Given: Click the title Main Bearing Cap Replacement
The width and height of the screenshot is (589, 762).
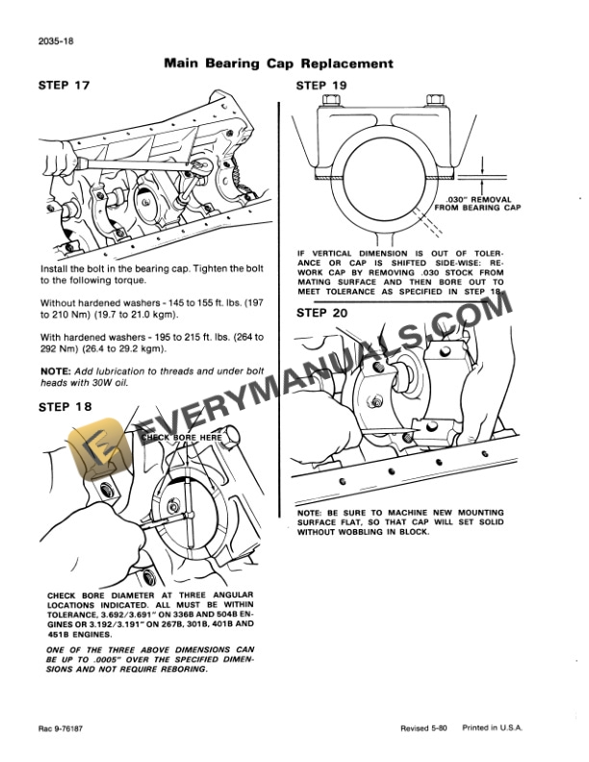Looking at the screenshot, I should (278, 63).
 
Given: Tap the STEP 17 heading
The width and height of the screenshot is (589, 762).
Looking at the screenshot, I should (64, 86).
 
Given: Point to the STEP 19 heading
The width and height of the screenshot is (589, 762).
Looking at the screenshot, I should (322, 86).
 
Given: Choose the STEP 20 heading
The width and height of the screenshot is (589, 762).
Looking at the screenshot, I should (322, 313).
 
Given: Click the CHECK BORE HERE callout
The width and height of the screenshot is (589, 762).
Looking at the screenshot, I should (181, 437).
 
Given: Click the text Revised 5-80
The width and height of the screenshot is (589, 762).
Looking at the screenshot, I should (424, 730).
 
